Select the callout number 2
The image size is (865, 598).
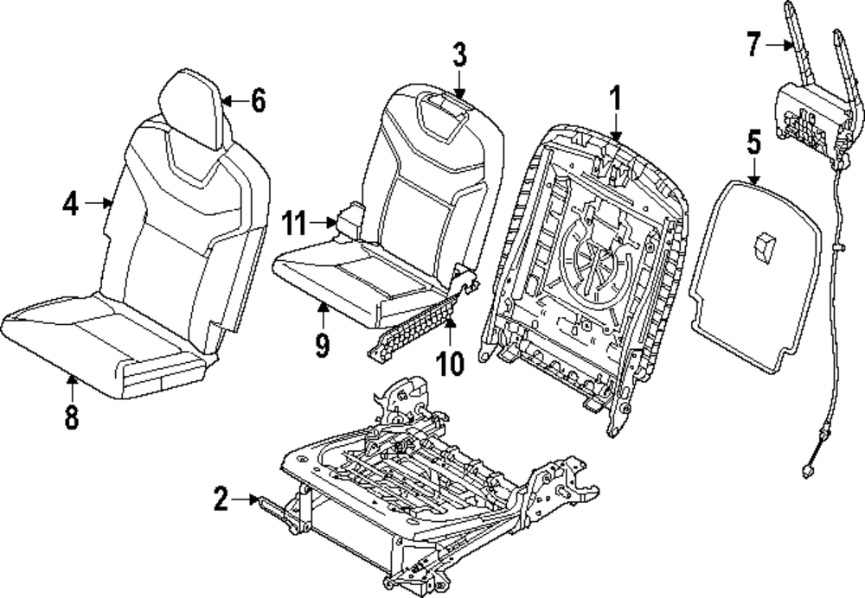coord(222,498)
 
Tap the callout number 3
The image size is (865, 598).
coord(459,56)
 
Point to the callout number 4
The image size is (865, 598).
coord(72,204)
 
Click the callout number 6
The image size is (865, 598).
coord(257,101)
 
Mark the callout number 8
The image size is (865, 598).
coord(71,417)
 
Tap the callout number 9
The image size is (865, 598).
coord(322,346)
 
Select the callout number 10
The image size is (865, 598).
coord(450,361)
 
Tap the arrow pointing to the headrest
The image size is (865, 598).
coord(230,102)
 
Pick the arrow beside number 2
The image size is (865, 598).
coord(251,499)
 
